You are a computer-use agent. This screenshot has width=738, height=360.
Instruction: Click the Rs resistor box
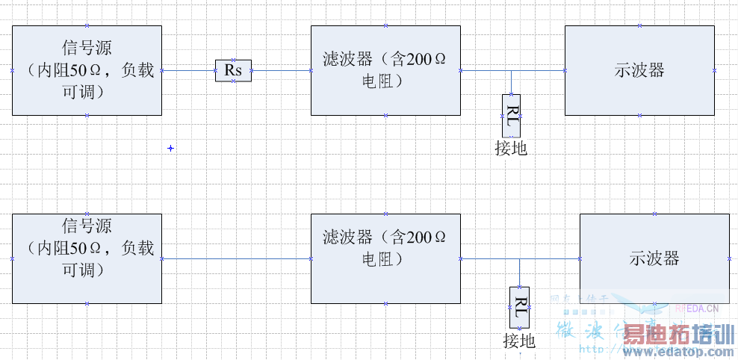point(233,71)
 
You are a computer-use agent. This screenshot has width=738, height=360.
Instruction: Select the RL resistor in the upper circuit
point(511,116)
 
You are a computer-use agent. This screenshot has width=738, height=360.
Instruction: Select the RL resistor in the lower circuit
point(519,307)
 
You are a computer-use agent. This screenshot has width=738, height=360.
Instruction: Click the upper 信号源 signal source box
point(87,70)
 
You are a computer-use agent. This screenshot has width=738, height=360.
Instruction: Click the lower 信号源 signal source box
point(87,258)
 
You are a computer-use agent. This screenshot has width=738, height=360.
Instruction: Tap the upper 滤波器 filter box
point(385,70)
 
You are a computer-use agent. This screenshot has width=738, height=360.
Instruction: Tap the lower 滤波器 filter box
point(385,258)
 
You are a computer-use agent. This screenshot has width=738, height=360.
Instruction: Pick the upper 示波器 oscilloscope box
point(639,70)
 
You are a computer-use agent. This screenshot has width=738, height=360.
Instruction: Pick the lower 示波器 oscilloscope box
point(654,258)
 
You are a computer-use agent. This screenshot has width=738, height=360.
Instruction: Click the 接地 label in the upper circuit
point(511,149)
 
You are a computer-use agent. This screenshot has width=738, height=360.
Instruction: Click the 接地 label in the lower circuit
point(519,341)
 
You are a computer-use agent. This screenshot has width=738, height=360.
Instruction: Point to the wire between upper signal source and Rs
point(188,71)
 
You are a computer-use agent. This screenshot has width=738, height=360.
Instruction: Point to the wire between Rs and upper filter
point(281,71)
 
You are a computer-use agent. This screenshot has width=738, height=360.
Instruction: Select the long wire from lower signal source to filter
point(236,258)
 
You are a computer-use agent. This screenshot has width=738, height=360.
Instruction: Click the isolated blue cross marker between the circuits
point(170,149)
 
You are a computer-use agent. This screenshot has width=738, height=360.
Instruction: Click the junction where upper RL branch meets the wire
point(511,71)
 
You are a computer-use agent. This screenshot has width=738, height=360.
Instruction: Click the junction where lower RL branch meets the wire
point(519,259)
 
